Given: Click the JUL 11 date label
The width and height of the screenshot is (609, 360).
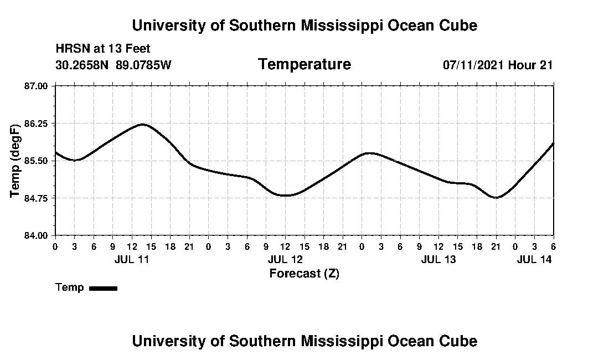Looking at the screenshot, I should pos(132,259).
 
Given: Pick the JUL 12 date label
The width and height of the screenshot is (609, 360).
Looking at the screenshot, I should pos(286,259).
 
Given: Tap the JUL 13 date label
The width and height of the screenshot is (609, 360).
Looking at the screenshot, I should pos(438,259).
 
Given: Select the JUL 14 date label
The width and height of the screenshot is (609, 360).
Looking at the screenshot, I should pos(534,259).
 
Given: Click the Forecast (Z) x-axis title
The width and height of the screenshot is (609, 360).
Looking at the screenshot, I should pos(304,273).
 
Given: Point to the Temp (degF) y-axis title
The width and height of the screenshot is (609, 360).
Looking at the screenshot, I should pos(16,161).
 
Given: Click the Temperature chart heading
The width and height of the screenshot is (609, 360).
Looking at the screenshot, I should pos(304,64).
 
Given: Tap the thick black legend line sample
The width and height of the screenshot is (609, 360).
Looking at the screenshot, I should pos(103,288).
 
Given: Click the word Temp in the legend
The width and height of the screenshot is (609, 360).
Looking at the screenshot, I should pos(70,287).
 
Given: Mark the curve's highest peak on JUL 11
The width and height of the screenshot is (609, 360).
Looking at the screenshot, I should pos(142,125).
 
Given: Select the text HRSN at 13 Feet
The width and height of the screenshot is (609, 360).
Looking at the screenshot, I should pos(103,49).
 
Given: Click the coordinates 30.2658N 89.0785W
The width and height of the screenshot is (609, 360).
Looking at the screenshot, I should pos(113,65).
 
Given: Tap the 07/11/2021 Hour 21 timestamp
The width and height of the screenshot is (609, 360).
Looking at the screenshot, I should pos(497,65).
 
